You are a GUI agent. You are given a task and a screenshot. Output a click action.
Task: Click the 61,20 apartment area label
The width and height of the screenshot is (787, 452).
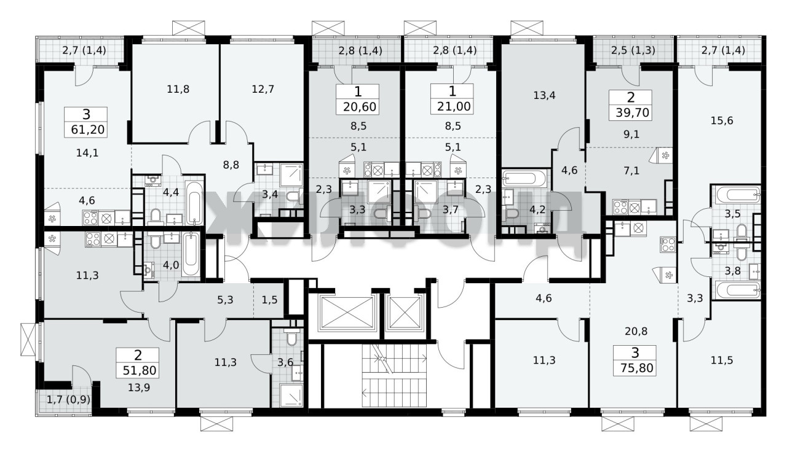pyautogui.click(x=88, y=130)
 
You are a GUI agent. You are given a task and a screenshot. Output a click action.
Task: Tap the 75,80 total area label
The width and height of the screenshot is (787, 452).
pyautogui.click(x=636, y=368)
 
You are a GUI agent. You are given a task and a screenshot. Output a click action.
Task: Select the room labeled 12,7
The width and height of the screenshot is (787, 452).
pyautogui.click(x=263, y=89)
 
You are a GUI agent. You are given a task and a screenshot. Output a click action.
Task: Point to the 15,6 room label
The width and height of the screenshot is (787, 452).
pyautogui.click(x=722, y=121)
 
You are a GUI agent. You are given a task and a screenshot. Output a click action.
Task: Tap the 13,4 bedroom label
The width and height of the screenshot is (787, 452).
pyautogui.click(x=544, y=95)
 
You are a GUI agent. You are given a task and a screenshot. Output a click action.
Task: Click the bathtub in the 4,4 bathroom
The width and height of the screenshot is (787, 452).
pyautogui.click(x=194, y=203)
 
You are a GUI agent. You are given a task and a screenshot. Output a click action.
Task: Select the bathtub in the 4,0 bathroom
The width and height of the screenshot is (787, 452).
pyautogui.click(x=191, y=254)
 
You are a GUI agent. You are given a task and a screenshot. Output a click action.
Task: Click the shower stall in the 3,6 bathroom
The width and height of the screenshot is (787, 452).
pyautogui.click(x=291, y=395)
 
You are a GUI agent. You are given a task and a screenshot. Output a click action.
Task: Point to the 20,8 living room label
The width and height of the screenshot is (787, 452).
pyautogui.click(x=636, y=331)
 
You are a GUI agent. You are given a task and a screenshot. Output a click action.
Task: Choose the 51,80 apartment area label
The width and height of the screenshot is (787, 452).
pyautogui.click(x=140, y=370)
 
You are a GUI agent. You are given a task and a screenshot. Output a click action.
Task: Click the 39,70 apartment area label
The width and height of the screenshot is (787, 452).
pyautogui.click(x=632, y=113)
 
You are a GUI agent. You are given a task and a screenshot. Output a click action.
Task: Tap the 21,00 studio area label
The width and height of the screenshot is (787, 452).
pyautogui.click(x=454, y=106)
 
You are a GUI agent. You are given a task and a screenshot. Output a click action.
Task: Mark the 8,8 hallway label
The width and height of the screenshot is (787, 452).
pyautogui.click(x=231, y=165)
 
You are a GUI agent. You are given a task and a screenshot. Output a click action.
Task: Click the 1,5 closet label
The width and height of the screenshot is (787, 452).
pyautogui.click(x=269, y=300)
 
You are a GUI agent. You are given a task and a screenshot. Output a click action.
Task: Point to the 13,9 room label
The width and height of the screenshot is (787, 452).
pyautogui.click(x=139, y=388)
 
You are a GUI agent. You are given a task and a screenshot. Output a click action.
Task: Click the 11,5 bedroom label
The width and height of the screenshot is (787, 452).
pyautogui.click(x=722, y=360)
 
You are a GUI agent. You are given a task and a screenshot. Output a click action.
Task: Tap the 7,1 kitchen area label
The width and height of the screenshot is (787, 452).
pyautogui.click(x=631, y=171)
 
